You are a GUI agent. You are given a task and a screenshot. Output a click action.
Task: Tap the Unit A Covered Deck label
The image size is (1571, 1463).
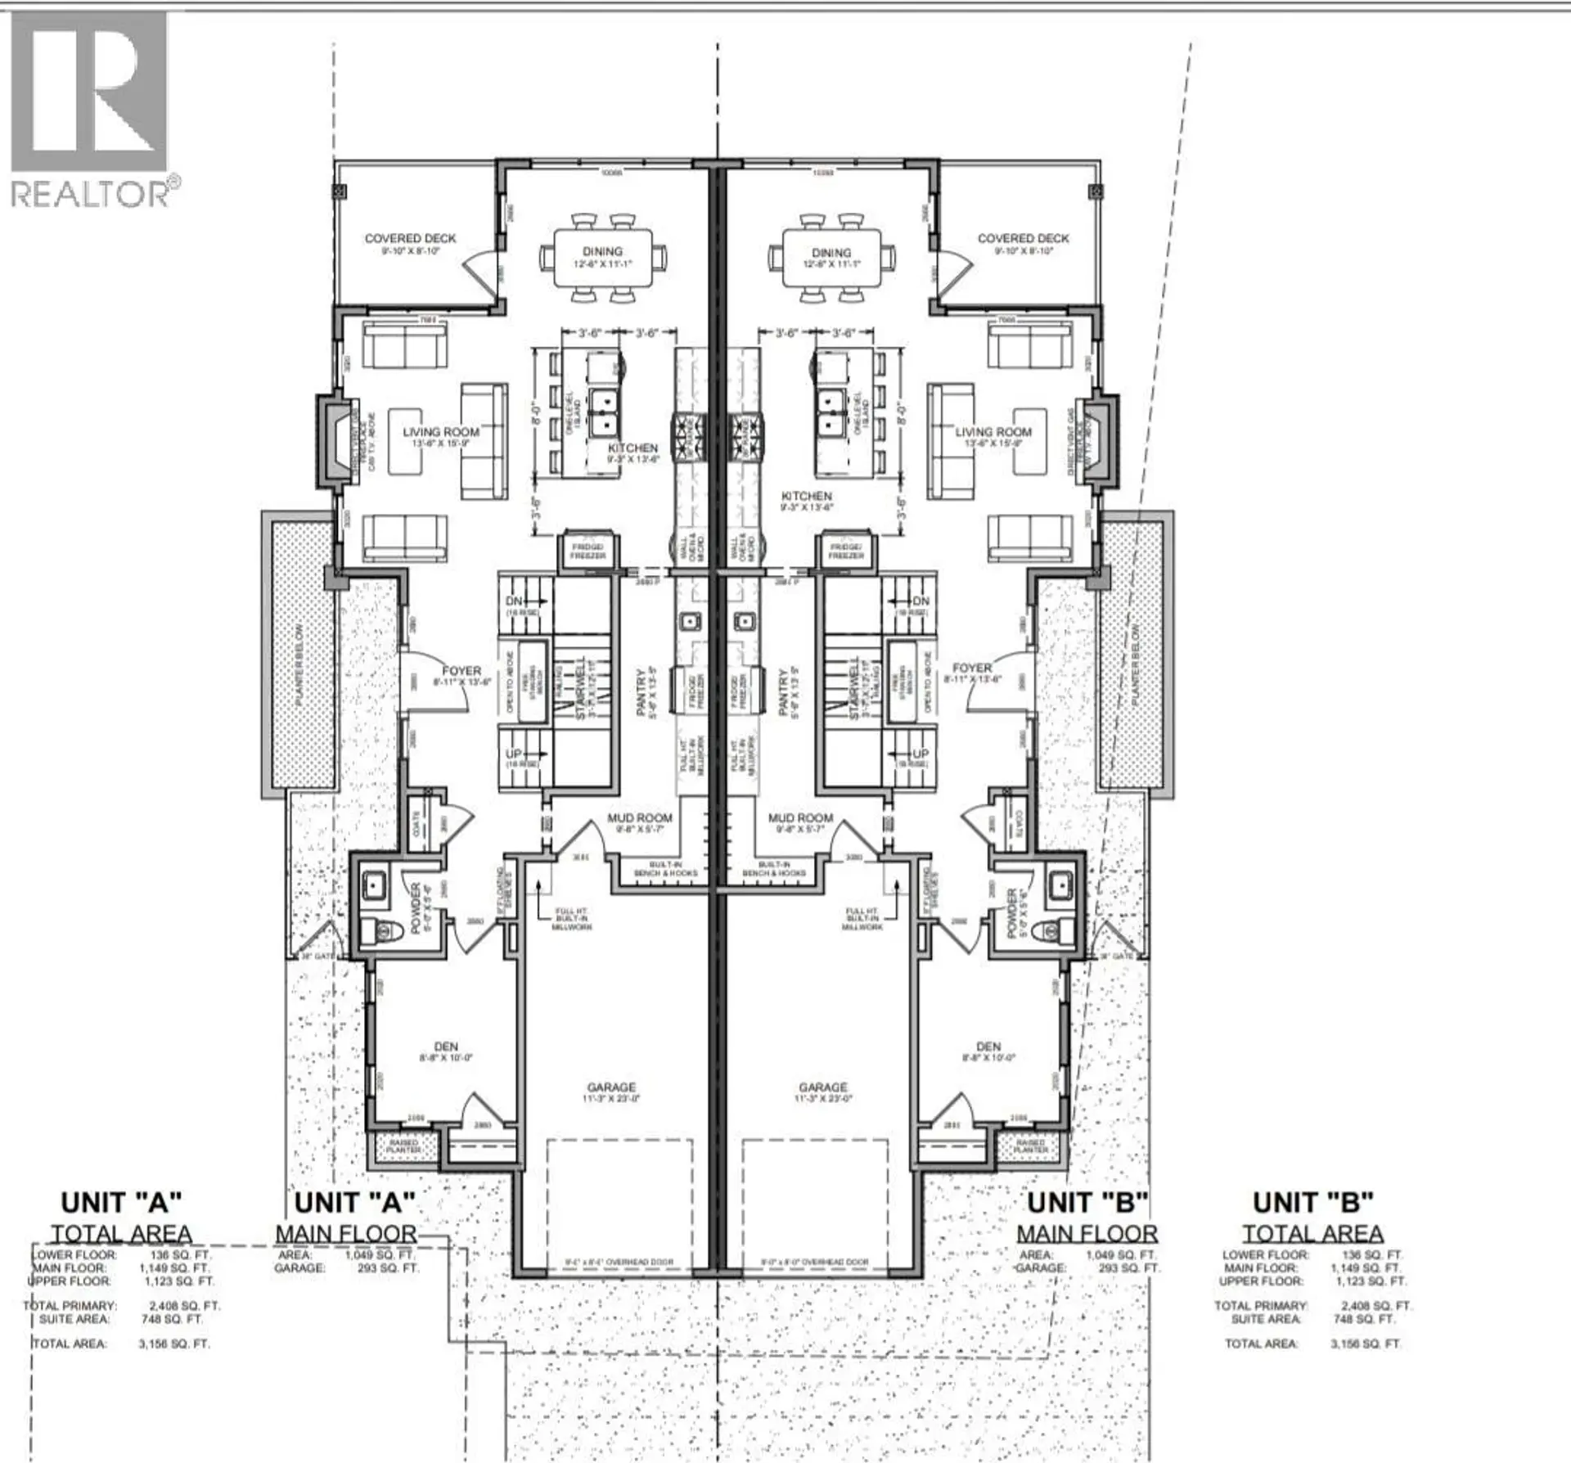pos(410,239)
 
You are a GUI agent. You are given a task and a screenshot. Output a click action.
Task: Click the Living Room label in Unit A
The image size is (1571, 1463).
pos(441,432)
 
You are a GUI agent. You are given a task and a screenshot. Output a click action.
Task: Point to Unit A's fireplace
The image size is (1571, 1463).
pos(336,443)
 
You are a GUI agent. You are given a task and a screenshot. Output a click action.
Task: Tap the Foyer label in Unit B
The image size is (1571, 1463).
pos(971,668)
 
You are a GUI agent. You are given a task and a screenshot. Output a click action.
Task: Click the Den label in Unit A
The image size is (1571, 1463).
pos(446,1047)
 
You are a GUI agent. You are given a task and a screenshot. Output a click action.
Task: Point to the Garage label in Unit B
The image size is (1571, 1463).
pos(823,1087)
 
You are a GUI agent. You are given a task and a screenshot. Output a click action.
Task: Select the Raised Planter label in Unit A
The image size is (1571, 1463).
pos(403,1146)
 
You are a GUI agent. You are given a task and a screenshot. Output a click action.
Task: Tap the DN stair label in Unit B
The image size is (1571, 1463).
pos(921,601)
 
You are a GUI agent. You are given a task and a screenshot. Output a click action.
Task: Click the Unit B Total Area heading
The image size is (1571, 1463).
pos(1312,1233)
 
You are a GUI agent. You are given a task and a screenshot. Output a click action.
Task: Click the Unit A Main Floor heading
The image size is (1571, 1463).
pos(346,1233)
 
